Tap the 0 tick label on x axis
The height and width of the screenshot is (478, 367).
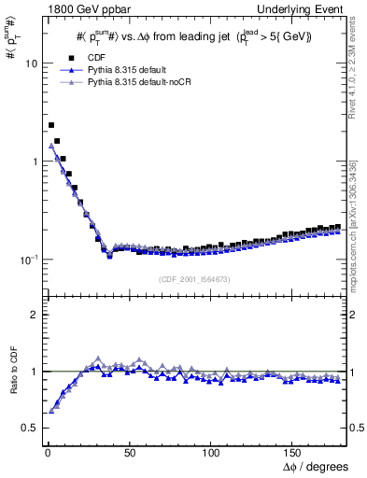pos(47,452)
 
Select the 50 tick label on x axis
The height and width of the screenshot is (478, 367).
pos(129,452)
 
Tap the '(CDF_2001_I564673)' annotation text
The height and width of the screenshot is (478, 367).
pos(194,279)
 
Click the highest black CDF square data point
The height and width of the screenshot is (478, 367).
pos(51,125)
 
